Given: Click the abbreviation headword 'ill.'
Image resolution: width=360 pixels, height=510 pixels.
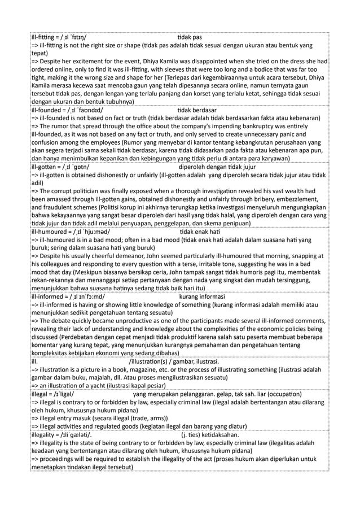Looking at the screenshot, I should (x=35, y=362).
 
